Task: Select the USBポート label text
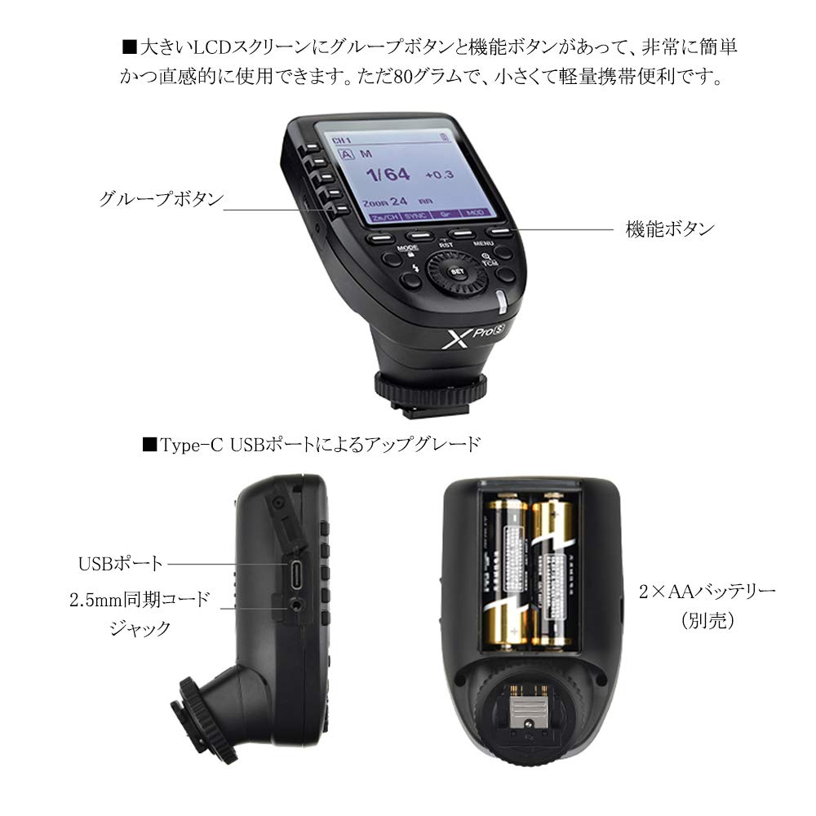point(121,563)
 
